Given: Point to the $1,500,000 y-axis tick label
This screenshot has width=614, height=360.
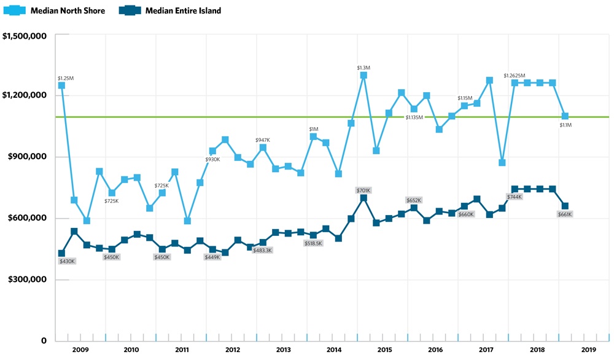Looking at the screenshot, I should tap(25, 35).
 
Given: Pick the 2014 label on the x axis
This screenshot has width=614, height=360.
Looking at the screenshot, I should tap(334, 349).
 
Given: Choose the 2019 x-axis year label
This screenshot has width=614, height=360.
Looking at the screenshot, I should tap(588, 349).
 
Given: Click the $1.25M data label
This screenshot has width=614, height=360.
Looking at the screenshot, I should tap(66, 78).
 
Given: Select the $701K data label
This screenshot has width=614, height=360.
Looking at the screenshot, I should tap(364, 190).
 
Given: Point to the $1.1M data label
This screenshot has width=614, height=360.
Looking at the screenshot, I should tap(566, 125).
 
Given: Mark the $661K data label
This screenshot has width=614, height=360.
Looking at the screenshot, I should tap(565, 214).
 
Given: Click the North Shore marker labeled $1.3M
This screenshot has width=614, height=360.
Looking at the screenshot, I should tap(363, 76).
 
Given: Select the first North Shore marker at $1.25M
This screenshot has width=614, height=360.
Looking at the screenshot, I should tap(61, 85).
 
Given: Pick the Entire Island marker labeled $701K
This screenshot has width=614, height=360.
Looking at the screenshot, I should tap(363, 198).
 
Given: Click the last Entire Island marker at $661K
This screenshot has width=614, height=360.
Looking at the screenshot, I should tap(565, 206).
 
